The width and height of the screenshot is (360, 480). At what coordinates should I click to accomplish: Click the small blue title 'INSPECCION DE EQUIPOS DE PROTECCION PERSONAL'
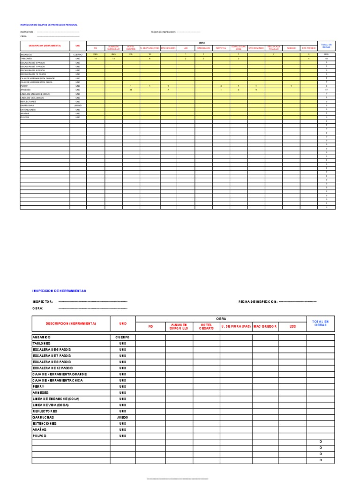point(49,25)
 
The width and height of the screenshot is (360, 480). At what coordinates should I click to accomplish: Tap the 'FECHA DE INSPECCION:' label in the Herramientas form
point(258,302)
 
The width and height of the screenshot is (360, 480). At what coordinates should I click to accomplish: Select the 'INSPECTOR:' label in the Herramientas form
point(43,302)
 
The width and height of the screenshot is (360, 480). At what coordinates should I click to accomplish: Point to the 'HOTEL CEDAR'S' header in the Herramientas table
point(206,326)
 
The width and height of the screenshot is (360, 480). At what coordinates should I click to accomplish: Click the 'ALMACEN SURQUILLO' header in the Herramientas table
point(179,326)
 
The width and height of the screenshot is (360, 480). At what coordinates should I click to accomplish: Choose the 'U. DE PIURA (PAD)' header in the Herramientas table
point(235,326)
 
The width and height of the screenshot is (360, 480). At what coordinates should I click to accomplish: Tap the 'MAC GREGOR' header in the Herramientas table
point(265,326)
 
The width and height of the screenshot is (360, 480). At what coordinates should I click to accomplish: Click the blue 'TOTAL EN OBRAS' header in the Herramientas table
point(321,323)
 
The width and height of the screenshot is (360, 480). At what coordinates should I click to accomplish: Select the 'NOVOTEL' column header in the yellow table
point(221,48)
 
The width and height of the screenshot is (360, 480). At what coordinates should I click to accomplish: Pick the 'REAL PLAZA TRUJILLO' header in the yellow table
point(274,48)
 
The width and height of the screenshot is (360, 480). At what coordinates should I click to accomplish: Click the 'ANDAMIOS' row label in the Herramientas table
point(42,337)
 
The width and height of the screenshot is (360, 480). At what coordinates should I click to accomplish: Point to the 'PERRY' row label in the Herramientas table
point(38,387)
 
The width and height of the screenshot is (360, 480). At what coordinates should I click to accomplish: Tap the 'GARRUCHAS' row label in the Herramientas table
point(43,417)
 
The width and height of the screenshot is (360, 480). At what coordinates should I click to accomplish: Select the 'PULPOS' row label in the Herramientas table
point(39,436)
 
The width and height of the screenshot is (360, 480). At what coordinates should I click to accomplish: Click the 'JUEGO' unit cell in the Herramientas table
point(122,417)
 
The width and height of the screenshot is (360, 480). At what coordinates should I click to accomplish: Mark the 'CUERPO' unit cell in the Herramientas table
point(122,337)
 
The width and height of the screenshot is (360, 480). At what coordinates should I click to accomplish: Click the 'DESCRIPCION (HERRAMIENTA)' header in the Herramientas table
point(71,323)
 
